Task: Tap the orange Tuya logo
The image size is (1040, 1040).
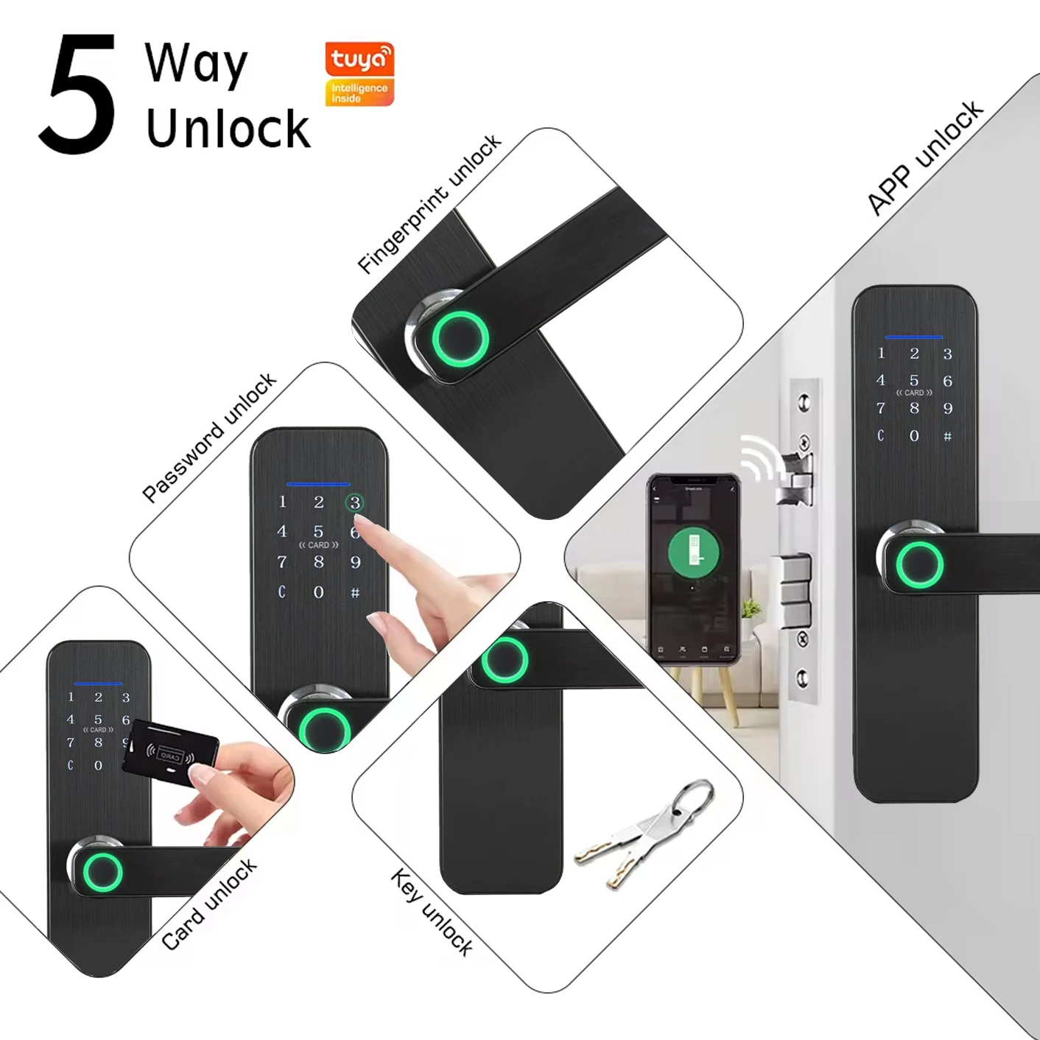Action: [359, 60]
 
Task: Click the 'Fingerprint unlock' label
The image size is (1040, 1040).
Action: [429, 204]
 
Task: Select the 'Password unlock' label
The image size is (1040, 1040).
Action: [209, 438]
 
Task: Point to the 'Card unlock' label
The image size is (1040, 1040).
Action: [209, 904]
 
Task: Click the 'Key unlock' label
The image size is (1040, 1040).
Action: [432, 912]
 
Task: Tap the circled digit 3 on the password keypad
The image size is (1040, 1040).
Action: [355, 503]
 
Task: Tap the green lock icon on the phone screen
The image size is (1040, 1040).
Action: [692, 549]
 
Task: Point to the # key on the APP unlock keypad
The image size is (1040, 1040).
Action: [948, 436]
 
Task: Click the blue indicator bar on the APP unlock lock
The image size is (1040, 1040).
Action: [914, 337]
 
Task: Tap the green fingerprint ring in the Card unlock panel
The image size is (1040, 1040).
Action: [102, 871]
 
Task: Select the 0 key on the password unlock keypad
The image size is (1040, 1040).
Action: [318, 592]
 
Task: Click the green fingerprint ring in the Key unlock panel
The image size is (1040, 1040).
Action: [505, 659]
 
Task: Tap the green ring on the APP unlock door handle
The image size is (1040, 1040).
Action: [919, 565]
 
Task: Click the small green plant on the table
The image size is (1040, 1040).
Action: [751, 609]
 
